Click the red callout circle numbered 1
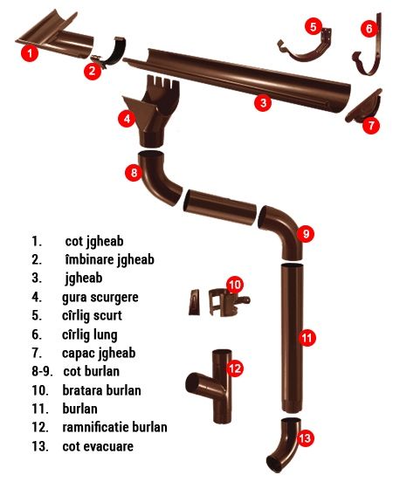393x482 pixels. point(31,52)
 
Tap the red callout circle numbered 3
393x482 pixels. point(261,102)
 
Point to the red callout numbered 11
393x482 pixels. point(306,336)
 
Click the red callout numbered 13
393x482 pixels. point(304,437)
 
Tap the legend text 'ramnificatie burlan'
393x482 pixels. point(114,427)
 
